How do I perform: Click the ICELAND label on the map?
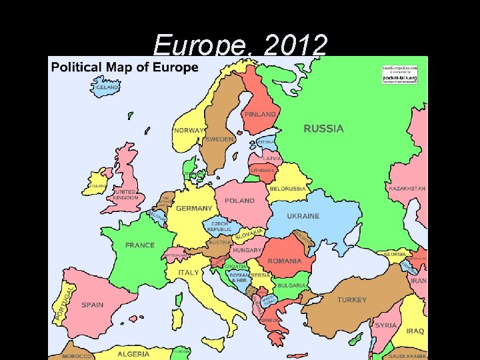pos(107,87)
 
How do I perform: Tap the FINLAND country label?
pos(260,115)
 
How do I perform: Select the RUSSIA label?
pos(324,129)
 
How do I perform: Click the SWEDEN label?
pos(220,139)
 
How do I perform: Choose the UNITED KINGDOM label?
pos(125,195)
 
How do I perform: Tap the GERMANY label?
pos(194,209)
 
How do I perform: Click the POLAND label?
pos(239,201)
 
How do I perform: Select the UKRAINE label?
pos(303,216)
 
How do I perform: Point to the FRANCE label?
pos(140,245)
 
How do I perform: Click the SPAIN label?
pos(93,305)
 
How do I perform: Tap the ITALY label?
pos(189,273)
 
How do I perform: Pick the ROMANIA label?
pos(285,261)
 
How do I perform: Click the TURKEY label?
pos(351,300)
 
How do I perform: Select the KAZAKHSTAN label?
pos(407,189)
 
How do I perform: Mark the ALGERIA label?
pos(133,353)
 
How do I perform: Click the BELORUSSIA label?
pos(287,189)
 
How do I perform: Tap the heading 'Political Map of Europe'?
pos(125,67)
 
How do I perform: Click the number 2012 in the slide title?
pos(295,45)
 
